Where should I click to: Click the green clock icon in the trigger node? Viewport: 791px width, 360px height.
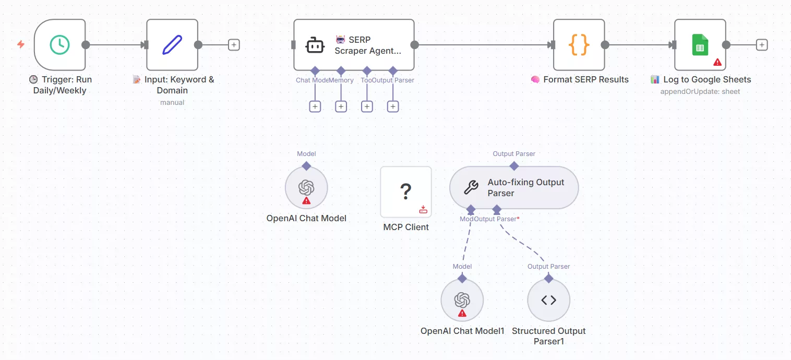click(x=59, y=45)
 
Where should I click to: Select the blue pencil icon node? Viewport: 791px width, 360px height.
click(x=172, y=45)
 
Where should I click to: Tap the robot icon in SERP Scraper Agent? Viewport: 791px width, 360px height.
click(x=315, y=45)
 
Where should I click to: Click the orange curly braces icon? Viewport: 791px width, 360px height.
click(x=579, y=45)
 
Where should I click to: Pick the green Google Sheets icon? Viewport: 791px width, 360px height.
click(x=700, y=45)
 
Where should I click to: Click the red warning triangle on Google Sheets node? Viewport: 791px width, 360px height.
click(x=717, y=62)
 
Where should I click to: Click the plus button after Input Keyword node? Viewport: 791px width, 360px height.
click(x=234, y=45)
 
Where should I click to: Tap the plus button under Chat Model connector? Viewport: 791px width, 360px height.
click(x=315, y=106)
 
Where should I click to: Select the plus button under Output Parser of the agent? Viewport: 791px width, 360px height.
click(x=393, y=106)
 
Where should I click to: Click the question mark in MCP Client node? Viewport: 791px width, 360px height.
click(x=405, y=192)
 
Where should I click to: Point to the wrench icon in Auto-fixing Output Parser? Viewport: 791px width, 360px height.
click(x=471, y=187)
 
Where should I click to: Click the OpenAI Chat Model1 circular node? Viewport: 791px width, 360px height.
click(x=462, y=300)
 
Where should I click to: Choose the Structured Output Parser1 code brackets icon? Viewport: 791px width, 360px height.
click(x=548, y=300)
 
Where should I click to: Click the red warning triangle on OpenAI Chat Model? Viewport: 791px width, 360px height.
click(x=306, y=200)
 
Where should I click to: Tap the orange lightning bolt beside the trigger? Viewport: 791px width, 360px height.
click(x=21, y=44)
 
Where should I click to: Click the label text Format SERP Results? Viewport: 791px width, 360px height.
click(x=585, y=80)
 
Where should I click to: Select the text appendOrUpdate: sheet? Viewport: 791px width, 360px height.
click(x=700, y=92)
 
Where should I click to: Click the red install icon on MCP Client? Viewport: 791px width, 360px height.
click(x=423, y=209)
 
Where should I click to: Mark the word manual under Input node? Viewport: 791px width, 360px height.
click(x=172, y=102)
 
